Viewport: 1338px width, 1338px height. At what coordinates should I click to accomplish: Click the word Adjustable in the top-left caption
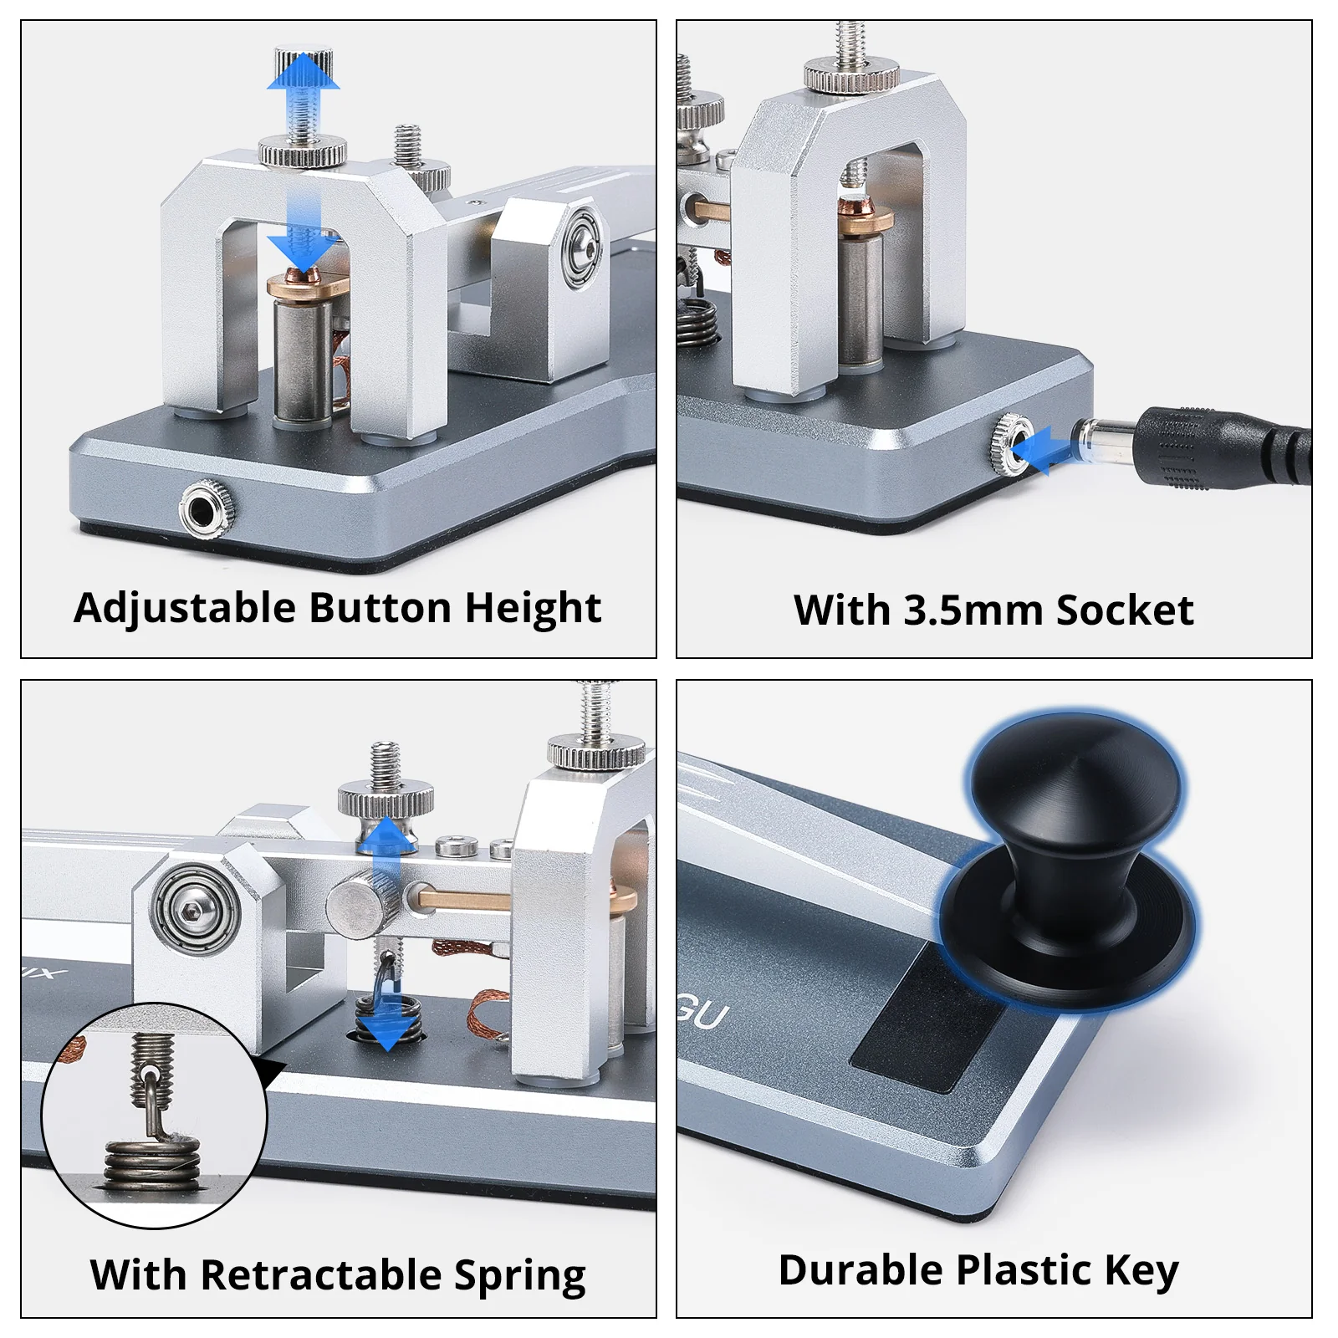[185, 609]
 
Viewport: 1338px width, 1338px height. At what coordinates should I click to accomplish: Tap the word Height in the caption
[533, 609]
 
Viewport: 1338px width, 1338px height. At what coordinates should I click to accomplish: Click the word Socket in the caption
[1125, 610]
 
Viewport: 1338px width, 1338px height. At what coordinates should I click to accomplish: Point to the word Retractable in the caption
[321, 1274]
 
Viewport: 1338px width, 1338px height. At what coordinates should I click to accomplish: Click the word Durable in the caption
[861, 1269]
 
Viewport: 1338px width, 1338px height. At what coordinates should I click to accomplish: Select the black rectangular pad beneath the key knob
[928, 1016]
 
